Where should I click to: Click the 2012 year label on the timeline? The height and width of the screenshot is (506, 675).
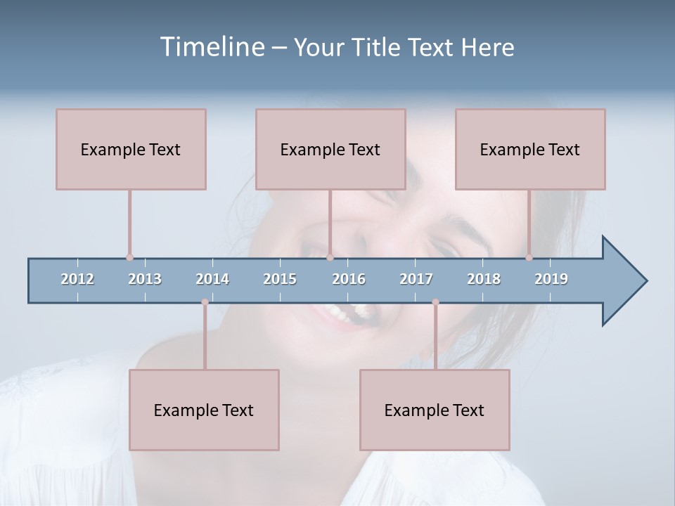pos(77,279)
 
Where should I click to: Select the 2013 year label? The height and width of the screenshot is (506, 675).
pos(145,279)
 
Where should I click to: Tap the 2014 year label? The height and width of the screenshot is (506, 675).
pos(212,279)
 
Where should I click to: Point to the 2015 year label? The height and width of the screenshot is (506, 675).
pos(280,279)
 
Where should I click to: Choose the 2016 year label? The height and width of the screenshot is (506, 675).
pos(349,279)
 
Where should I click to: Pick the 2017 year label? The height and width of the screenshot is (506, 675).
pos(416,279)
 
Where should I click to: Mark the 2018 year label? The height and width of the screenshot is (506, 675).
pos(484,279)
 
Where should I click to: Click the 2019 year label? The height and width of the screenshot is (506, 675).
pos(551,279)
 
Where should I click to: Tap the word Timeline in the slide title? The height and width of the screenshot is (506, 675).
pos(210,47)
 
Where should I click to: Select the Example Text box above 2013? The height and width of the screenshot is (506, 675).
pos(131,149)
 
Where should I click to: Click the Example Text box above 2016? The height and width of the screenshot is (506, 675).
pos(330,149)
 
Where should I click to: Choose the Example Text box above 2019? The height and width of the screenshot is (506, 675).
pos(530,149)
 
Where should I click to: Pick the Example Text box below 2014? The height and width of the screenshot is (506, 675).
pos(204,410)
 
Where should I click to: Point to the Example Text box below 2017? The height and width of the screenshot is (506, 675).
pos(435,410)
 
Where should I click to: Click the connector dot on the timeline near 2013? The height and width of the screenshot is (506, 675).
pos(129,258)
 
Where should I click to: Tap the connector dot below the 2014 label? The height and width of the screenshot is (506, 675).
pos(205,302)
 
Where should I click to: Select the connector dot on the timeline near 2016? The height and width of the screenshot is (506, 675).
pos(330,258)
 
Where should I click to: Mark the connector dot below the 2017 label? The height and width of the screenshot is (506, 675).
pos(435,302)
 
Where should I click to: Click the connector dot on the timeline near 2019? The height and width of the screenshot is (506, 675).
pos(529,258)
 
